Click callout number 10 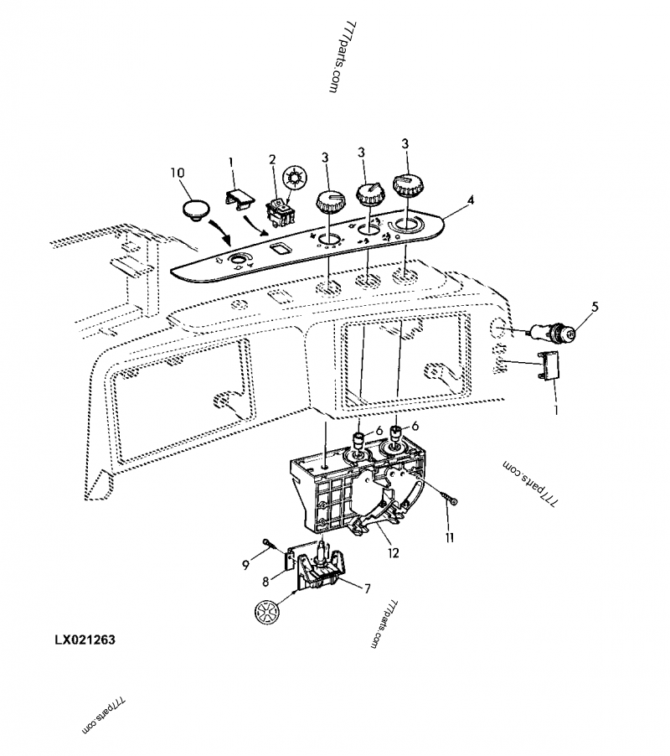coord(178,173)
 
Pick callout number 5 coord(595,307)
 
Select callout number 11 coord(449,537)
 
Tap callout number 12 coord(393,553)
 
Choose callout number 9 coord(246,564)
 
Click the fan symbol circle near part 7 coord(265,611)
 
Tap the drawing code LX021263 coord(85,639)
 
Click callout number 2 coord(271,159)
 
